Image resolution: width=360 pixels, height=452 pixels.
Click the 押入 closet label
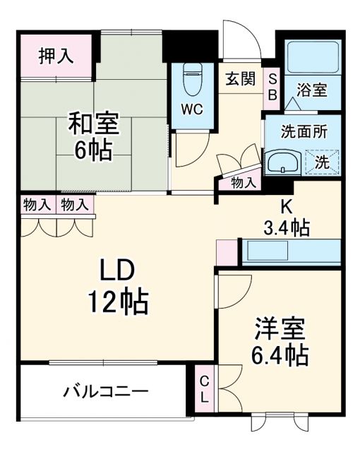56,56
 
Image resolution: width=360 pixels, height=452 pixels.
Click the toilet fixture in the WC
191,79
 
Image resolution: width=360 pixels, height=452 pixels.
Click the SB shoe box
272,86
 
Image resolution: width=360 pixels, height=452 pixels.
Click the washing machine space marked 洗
322,161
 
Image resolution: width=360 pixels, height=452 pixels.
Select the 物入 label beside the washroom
245,183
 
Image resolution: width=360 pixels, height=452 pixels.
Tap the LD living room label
116,272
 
